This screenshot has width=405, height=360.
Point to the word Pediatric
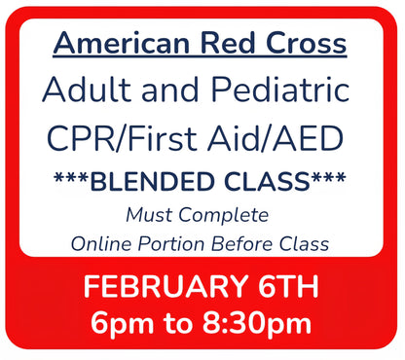pyautogui.click(x=276, y=92)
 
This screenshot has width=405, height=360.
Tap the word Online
pyautogui.click(x=101, y=243)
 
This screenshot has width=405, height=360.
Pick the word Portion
pyautogui.click(x=181, y=243)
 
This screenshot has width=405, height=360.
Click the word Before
pyautogui.click(x=258, y=243)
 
